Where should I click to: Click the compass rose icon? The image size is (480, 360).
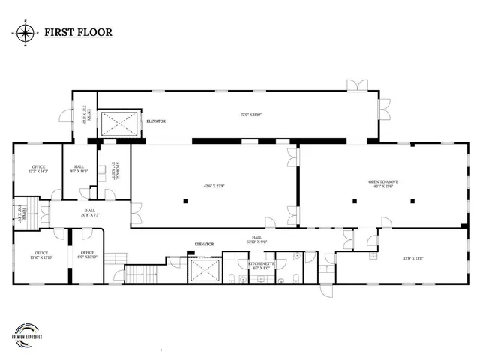tap(25, 33)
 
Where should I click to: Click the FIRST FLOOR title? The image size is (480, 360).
tap(78, 33)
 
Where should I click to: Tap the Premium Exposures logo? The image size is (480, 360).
tap(26, 333)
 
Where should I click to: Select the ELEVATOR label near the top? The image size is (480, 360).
tap(156, 121)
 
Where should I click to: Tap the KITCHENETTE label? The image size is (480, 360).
tap(262, 264)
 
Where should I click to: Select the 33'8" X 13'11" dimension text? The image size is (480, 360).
tap(413, 258)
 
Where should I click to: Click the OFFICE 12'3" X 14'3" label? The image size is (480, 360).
tap(38, 169)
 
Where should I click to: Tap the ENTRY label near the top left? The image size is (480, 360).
tap(86, 115)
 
